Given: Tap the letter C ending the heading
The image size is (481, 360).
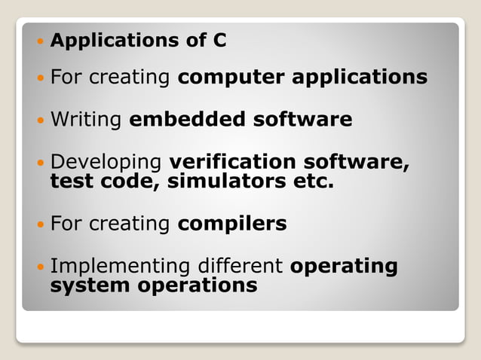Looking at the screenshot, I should (x=219, y=41).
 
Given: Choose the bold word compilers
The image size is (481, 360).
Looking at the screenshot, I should (x=232, y=224).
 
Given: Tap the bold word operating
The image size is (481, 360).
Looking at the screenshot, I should (x=344, y=267).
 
